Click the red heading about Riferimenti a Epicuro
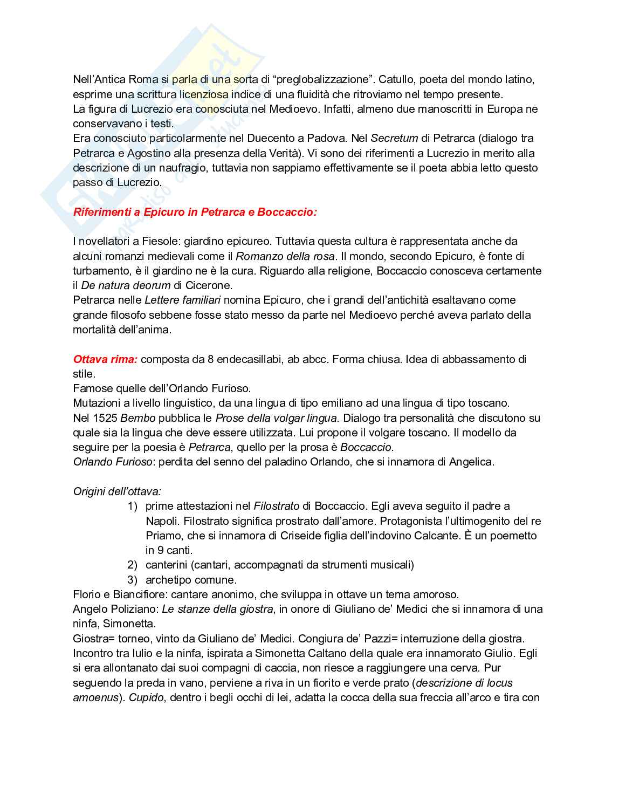(195, 212)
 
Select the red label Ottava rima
(105, 359)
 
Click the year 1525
(105, 418)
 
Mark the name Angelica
(471, 462)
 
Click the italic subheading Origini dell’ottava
(117, 491)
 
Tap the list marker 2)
(133, 565)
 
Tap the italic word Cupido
(146, 697)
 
